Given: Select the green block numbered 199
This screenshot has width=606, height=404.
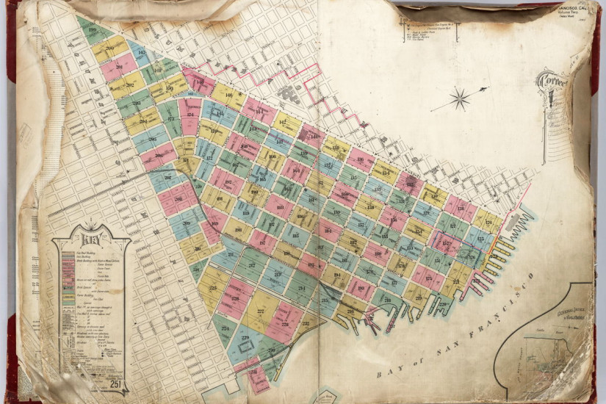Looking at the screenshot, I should pos(93,30).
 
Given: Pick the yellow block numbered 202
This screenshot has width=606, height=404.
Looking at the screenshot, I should pos(127,86).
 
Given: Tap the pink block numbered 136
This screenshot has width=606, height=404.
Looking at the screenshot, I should pos(360,159).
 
